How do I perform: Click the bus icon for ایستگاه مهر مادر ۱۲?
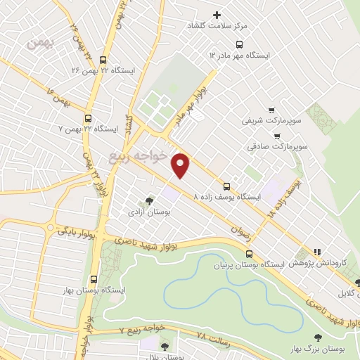coord(212,54)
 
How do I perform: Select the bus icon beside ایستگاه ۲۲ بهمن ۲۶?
coord(104,60)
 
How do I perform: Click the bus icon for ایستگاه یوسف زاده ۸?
coord(226,186)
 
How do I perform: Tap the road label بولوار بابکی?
coord(71,226)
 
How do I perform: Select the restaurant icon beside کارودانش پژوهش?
coord(316,251)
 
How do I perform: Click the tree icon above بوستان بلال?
coord(165,346)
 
